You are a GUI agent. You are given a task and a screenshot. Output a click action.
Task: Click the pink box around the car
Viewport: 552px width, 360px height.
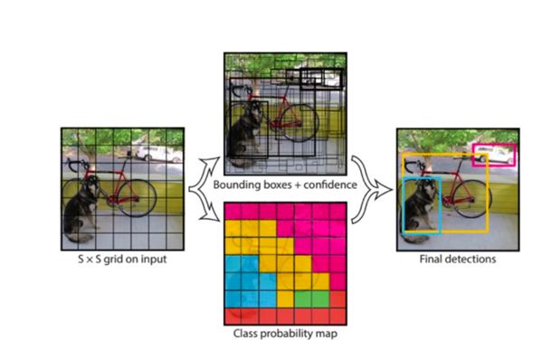click(494, 145)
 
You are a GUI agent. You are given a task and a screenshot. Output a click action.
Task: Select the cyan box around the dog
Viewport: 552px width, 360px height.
click(404, 204)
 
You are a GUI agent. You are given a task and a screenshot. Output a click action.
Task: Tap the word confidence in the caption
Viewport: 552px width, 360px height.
click(330, 185)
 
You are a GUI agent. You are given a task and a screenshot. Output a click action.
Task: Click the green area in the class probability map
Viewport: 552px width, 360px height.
click(311, 298)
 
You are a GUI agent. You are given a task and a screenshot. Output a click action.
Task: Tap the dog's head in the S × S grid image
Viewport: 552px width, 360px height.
click(91, 185)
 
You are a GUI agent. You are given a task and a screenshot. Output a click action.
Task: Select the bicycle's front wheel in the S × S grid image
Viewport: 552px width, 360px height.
click(137, 197)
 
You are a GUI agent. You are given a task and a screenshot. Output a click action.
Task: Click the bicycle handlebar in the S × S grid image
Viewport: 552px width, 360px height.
click(77, 165)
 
